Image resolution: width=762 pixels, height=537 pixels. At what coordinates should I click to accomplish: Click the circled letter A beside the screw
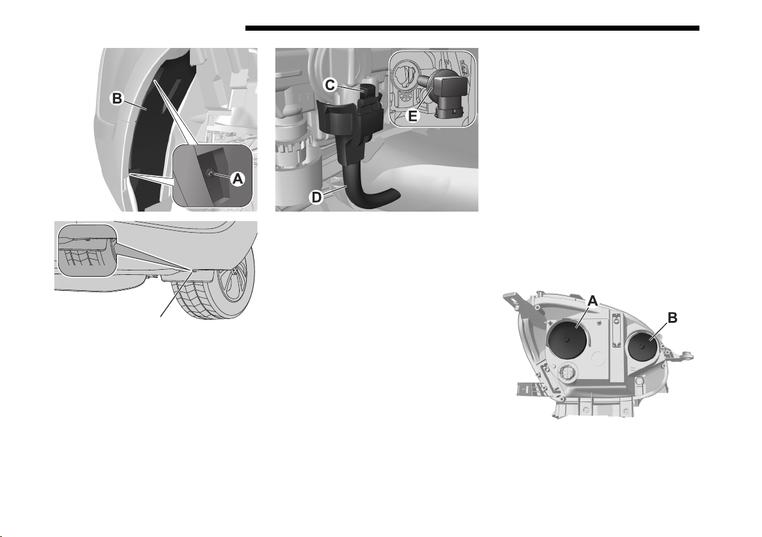pos(237,179)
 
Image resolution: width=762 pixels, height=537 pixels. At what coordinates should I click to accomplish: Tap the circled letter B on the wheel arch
pos(117,98)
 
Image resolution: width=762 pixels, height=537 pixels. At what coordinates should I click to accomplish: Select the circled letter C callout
pos(329,85)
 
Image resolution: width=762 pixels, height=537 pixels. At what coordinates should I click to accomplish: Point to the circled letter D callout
pos(316,198)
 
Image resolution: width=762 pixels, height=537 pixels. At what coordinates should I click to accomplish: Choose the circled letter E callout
pos(412,116)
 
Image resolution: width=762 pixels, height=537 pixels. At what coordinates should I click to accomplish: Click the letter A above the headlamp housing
pos(593,301)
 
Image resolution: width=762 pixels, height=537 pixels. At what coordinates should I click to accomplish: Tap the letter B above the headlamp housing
pos(673,318)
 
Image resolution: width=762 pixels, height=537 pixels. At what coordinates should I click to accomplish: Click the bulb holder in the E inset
pos(445,93)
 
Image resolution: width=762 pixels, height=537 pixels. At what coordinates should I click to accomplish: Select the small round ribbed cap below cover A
pos(567,373)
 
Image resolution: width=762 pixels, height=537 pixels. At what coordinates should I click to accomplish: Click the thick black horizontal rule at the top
pos(472,28)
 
